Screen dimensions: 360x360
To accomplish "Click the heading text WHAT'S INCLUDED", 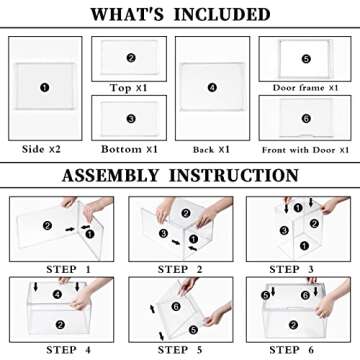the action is tap(180, 14).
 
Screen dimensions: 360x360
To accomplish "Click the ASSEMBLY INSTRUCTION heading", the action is tap(180, 175).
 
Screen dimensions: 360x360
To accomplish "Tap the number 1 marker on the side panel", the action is tap(45, 88).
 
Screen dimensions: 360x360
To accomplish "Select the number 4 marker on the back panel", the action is tap(212, 88).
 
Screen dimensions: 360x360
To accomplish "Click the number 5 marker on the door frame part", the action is tap(306, 59).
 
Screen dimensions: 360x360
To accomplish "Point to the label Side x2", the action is tap(41, 149).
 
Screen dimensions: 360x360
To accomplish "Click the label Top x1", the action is tap(129, 88).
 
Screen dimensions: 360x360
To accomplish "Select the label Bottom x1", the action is tap(129, 149).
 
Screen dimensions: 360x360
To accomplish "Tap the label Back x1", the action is tap(211, 150).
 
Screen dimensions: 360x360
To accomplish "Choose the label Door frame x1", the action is tap(305, 88).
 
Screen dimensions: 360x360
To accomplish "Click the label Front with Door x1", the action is tap(305, 150).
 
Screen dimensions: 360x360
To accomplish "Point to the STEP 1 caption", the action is tap(68, 269).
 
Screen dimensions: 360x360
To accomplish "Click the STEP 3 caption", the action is tap(291, 269).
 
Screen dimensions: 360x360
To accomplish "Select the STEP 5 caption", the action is tap(180, 350).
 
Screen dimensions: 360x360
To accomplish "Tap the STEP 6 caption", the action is tap(291, 350).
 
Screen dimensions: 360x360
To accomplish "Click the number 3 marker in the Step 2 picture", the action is tap(163, 233).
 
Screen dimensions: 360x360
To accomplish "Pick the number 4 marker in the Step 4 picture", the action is tap(57, 294).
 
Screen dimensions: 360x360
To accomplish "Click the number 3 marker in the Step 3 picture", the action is tap(284, 230).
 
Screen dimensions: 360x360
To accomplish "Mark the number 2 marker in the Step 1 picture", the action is tap(47, 226).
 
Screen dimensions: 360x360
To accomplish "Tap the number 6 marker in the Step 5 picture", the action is tap(176, 307).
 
